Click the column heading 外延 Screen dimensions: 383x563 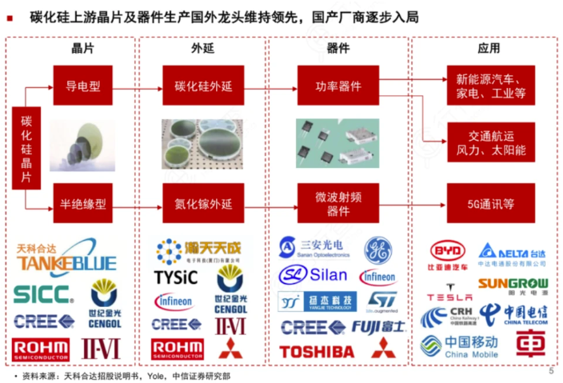coord(202,49)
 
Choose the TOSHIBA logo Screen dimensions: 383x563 coord(317,351)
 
